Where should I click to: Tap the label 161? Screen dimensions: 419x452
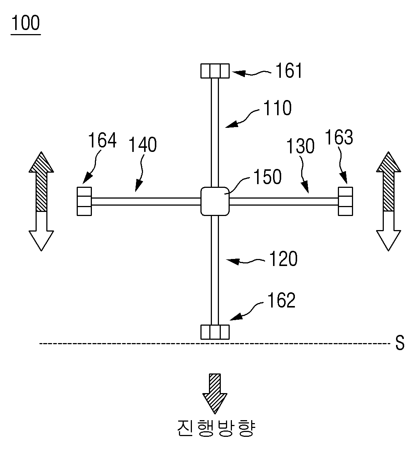click(x=289, y=70)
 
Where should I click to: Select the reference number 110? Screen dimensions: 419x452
click(x=277, y=108)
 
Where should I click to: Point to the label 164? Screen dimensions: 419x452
click(x=102, y=140)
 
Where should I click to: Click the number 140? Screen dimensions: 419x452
click(x=143, y=144)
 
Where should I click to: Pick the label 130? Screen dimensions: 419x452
click(x=300, y=146)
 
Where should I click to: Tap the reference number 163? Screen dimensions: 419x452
click(x=339, y=137)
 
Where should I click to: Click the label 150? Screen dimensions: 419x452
click(x=267, y=177)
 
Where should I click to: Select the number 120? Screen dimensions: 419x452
click(x=283, y=259)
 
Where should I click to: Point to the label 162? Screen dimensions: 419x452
click(x=281, y=300)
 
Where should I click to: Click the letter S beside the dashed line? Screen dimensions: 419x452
click(x=400, y=343)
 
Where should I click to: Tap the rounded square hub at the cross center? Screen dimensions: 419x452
click(x=215, y=201)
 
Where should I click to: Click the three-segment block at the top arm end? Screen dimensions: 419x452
click(x=215, y=71)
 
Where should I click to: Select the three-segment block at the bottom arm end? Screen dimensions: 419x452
click(x=215, y=332)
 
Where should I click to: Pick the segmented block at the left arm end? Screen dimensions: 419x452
click(x=84, y=201)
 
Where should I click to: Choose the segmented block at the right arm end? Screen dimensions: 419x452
click(x=346, y=201)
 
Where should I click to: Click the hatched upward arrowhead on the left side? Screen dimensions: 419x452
click(x=41, y=162)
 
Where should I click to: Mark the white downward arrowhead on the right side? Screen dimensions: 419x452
click(x=389, y=241)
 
